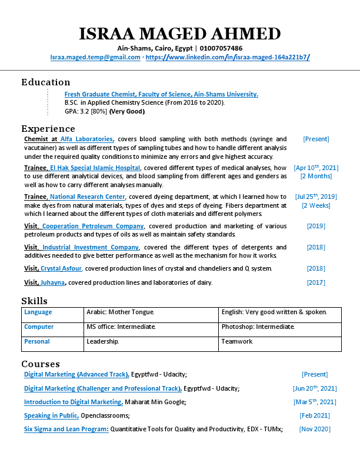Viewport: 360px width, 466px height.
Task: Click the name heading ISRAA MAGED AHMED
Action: point(180,34)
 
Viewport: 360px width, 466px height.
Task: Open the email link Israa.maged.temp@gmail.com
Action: point(95,58)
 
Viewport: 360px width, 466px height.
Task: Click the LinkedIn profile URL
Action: point(228,58)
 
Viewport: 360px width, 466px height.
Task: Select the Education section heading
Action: point(46,82)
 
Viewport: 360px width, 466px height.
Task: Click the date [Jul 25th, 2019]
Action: point(316,197)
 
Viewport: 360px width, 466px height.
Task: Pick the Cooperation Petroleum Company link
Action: point(93,226)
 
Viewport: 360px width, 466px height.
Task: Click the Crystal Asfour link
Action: point(61,268)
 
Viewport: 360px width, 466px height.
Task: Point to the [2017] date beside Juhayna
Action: point(316,282)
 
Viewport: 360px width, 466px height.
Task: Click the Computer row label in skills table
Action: point(39,327)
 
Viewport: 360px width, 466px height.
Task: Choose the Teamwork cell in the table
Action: point(237,341)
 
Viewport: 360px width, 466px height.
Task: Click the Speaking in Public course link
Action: point(51,415)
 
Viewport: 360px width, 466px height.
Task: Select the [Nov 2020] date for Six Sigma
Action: point(315,430)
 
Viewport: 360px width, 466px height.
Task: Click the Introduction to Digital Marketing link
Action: point(73,402)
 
